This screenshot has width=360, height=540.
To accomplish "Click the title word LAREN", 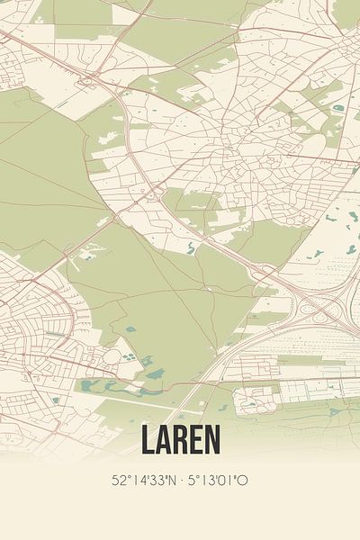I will click(x=180, y=440).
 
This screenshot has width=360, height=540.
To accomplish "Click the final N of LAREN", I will click(x=211, y=440).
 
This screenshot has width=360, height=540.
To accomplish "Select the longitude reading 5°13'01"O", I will click(x=217, y=481).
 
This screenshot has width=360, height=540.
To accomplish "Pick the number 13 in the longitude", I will click(x=206, y=481).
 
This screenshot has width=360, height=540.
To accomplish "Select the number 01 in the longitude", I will click(x=227, y=481).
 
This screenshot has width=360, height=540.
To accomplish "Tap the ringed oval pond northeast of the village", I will click(x=337, y=108).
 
